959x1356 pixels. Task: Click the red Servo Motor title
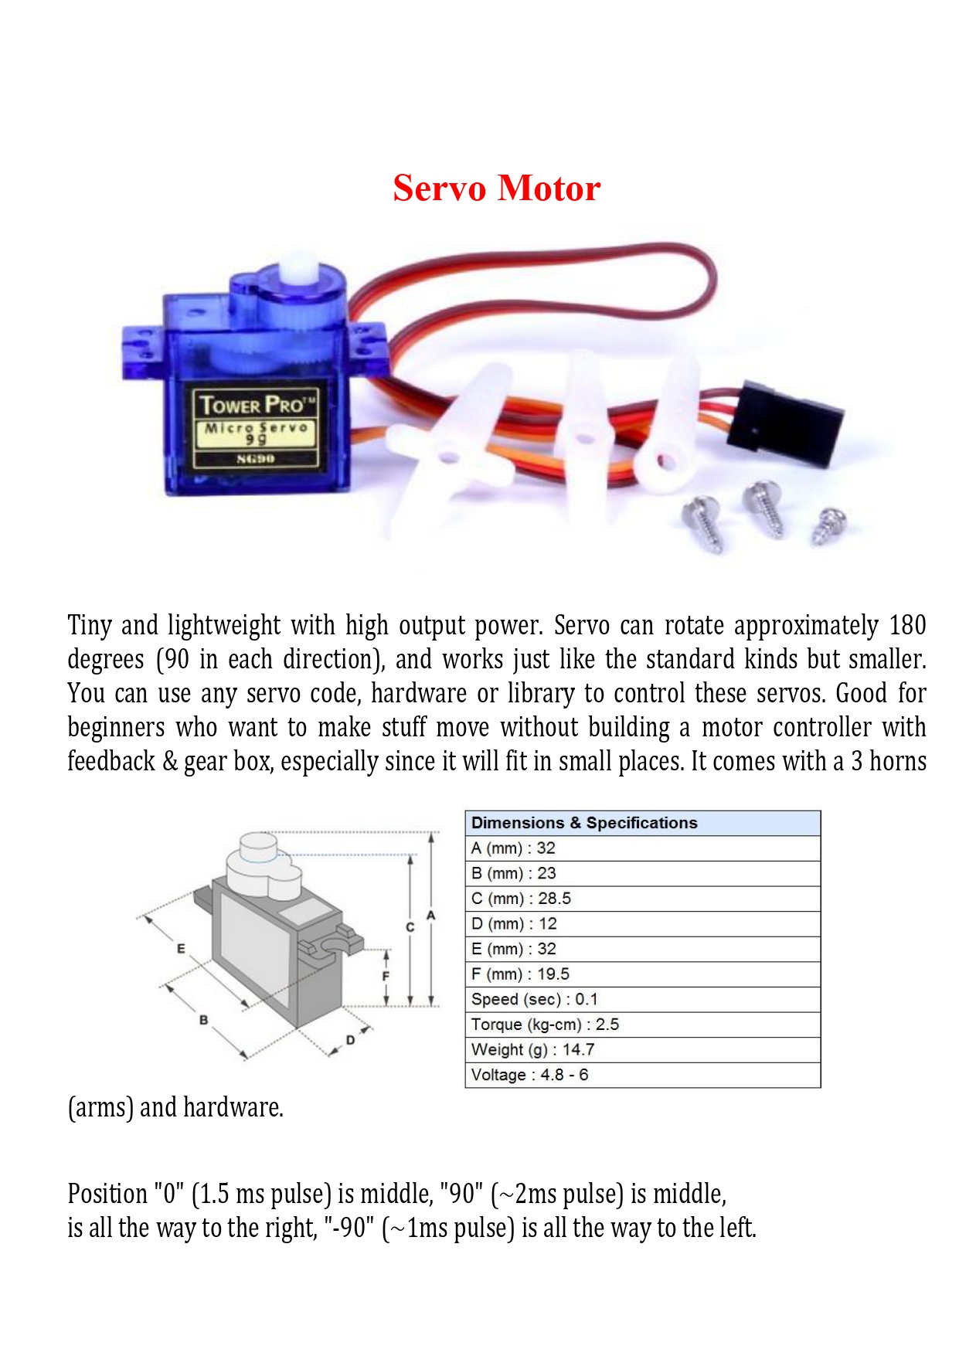(496, 188)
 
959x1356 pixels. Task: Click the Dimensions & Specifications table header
(584, 823)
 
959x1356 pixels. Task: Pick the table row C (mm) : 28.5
(522, 899)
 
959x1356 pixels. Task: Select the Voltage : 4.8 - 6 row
(530, 1075)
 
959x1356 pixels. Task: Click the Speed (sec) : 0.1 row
(535, 999)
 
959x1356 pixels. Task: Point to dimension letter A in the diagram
(431, 915)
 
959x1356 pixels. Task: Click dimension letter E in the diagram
(181, 948)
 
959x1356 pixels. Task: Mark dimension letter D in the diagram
(350, 1040)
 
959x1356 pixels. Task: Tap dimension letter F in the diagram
(386, 976)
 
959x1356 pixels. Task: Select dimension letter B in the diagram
(203, 1020)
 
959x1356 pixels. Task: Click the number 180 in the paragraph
(907, 625)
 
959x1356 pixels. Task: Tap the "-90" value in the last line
(350, 1228)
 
